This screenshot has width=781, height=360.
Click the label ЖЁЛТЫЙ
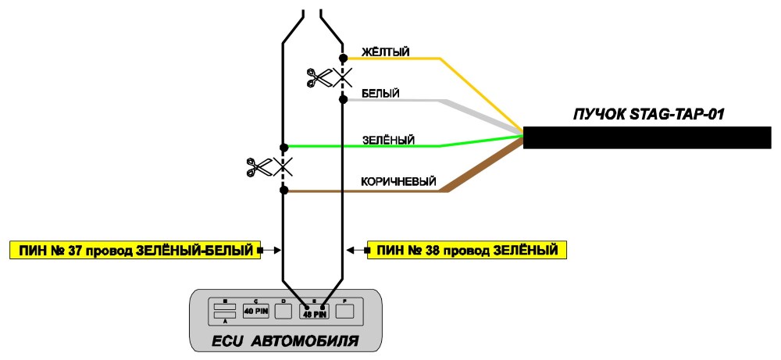(x=386, y=52)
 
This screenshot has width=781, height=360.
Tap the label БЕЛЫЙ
(x=380, y=93)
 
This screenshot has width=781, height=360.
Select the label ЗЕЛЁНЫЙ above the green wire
(x=388, y=140)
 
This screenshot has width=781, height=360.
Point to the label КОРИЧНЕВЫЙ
(x=398, y=182)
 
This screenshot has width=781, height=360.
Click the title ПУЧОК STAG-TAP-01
(x=648, y=114)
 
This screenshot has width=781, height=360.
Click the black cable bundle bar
(x=647, y=137)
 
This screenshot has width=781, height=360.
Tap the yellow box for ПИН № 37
(x=134, y=250)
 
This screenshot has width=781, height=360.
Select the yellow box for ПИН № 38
(x=467, y=249)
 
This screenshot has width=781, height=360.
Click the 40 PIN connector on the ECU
(x=256, y=312)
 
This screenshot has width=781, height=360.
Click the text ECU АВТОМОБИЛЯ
(x=285, y=341)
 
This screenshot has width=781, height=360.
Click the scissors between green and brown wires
(x=259, y=167)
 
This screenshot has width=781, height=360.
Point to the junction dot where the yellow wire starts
(x=343, y=59)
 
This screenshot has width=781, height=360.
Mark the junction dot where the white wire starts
(x=343, y=100)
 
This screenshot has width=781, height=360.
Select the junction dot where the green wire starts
(x=284, y=148)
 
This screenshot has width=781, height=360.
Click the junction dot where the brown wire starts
(x=284, y=191)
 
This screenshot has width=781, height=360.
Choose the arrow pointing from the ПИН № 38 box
(x=357, y=250)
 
